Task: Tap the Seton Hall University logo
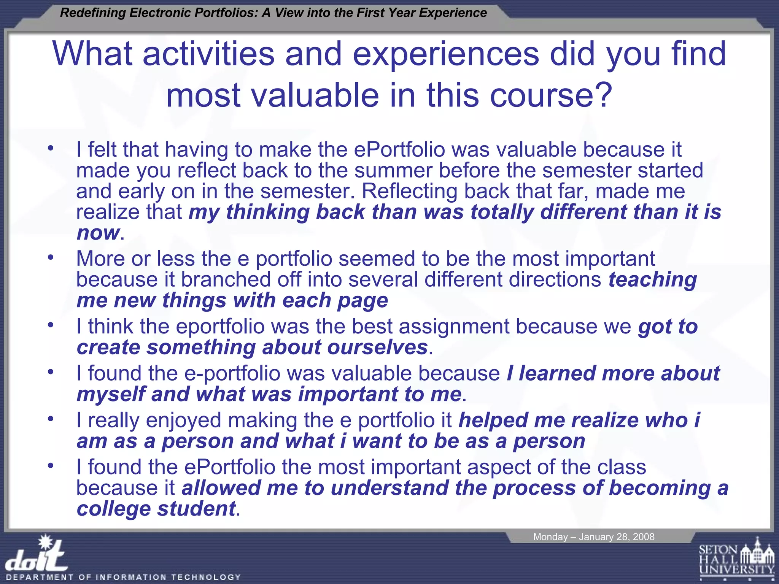click(736, 559)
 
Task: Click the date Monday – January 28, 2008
click(593, 537)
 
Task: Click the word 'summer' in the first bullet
click(393, 170)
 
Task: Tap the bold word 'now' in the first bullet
click(98, 233)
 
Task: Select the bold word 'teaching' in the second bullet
click(653, 280)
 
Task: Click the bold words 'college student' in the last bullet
click(156, 509)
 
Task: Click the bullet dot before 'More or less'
click(51, 257)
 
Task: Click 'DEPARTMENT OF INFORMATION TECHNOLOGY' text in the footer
click(123, 577)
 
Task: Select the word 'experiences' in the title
click(446, 54)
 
